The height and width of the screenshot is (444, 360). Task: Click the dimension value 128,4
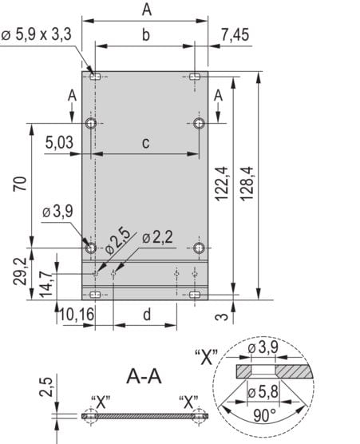pyautogui.click(x=247, y=185)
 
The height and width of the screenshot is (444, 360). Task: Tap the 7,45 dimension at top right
pyautogui.click(x=235, y=34)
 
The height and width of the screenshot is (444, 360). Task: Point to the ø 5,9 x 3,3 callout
pyautogui.click(x=42, y=34)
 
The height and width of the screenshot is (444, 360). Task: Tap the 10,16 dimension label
pyautogui.click(x=77, y=314)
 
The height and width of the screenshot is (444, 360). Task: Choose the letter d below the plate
pyautogui.click(x=146, y=314)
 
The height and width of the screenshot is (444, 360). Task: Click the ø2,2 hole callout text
pyautogui.click(x=157, y=237)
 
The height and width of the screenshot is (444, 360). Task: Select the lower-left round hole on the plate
pyautogui.click(x=92, y=247)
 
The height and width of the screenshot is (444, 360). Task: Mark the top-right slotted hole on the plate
pyautogui.click(x=196, y=77)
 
